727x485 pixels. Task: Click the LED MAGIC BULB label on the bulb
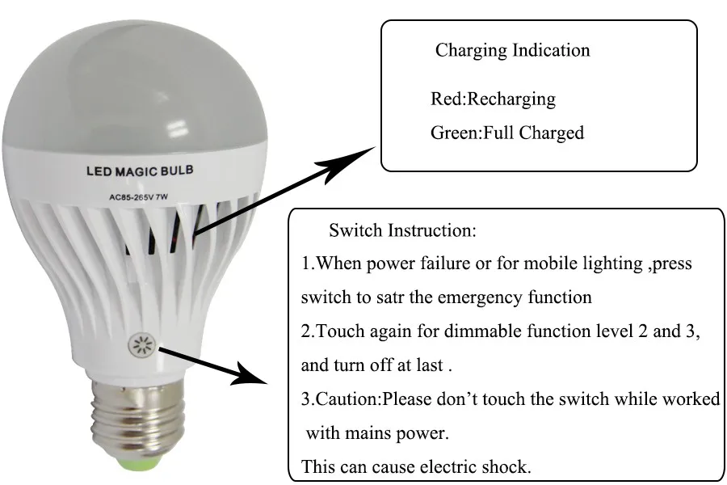(139, 171)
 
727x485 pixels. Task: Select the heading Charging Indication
(512, 50)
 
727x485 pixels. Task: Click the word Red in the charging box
(445, 99)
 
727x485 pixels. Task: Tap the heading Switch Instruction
(402, 230)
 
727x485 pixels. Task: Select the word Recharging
(511, 99)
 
